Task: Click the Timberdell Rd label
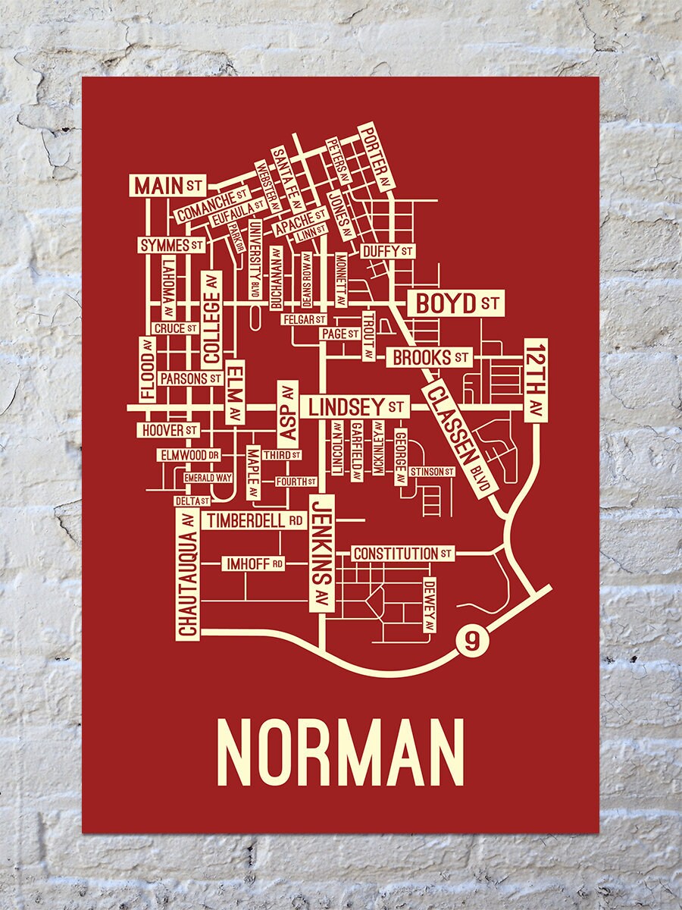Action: click(x=255, y=521)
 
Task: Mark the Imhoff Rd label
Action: click(x=253, y=563)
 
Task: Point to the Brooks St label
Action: click(x=430, y=356)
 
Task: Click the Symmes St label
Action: click(x=172, y=246)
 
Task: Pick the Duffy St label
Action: click(x=386, y=250)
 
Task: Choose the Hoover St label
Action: click(x=169, y=430)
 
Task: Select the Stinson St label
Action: click(x=431, y=472)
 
